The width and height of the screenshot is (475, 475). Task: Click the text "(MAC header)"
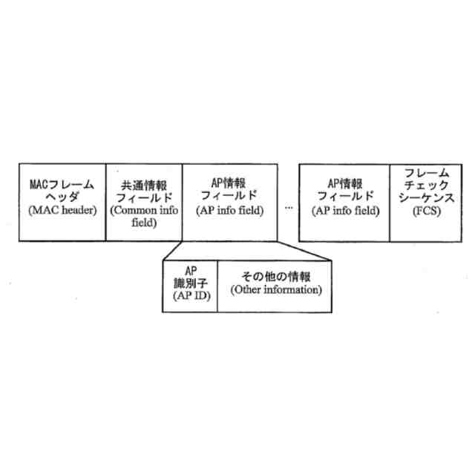coord(62,210)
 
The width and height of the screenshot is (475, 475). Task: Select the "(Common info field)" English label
coord(142,215)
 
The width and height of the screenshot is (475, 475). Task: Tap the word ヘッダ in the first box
coord(62,196)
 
